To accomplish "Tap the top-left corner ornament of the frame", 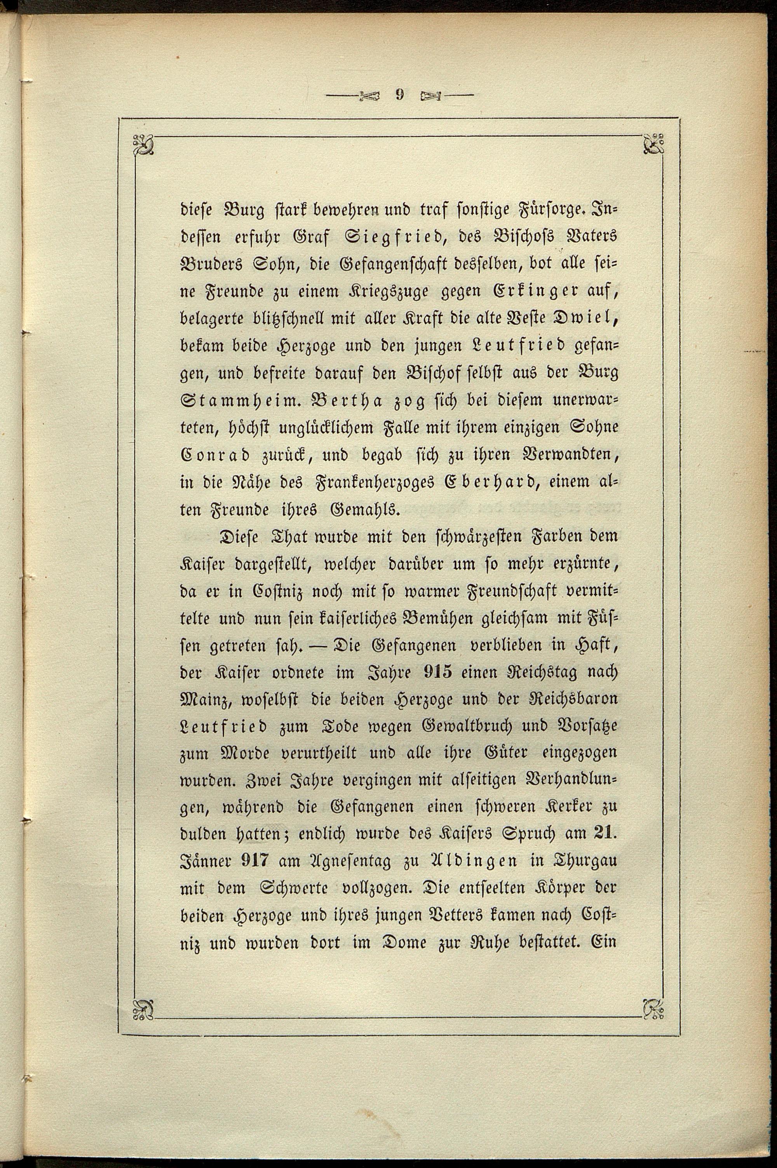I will pyautogui.click(x=143, y=145).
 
